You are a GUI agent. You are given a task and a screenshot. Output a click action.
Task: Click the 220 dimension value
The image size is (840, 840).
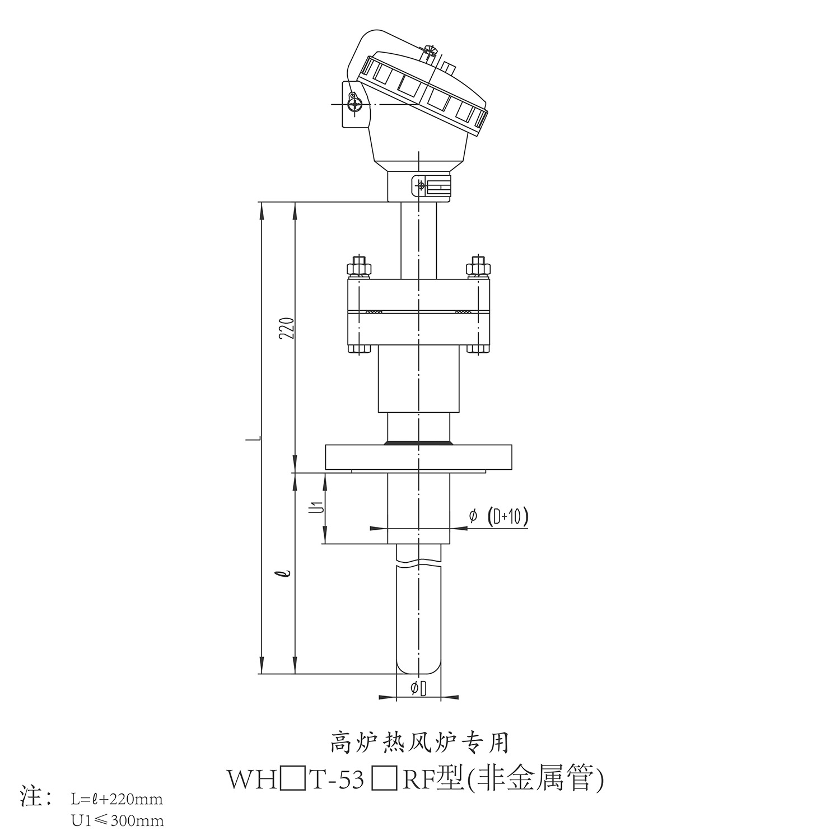pos(287,329)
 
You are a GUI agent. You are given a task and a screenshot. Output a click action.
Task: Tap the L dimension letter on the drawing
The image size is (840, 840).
pos(254,438)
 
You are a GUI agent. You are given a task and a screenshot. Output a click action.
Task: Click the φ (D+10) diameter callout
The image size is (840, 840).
pos(498,517)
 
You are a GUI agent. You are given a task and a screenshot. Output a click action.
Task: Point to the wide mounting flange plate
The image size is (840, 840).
pos(418,458)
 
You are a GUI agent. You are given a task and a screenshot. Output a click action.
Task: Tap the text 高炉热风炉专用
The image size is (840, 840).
pos(419,743)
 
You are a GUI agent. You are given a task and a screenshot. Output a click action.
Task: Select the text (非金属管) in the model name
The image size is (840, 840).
pos(535,780)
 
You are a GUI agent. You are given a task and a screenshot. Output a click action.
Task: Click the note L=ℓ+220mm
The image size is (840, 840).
pos(117,798)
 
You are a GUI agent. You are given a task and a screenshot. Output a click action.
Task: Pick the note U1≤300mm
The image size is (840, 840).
pos(118,821)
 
